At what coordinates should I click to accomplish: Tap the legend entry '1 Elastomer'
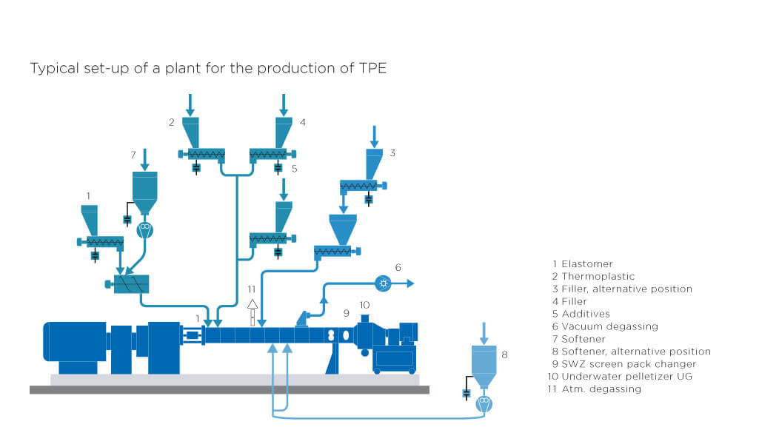[583, 263]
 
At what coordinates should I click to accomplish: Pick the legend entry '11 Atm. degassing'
[597, 389]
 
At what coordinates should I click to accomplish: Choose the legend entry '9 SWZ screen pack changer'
[624, 364]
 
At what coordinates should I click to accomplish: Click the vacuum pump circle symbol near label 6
[383, 283]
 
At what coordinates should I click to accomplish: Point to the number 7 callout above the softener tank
[133, 155]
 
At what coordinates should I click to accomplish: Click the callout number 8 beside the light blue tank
[505, 354]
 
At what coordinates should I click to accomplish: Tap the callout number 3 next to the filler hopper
[392, 153]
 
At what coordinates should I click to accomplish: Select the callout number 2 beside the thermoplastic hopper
[171, 121]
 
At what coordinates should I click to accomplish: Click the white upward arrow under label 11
[252, 304]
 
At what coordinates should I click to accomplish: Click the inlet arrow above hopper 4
[283, 104]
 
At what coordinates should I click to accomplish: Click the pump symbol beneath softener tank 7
[144, 230]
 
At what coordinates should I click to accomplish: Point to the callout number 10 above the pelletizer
[364, 305]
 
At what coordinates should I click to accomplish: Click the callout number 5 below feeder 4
[293, 169]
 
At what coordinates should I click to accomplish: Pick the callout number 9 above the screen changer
[346, 313]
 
